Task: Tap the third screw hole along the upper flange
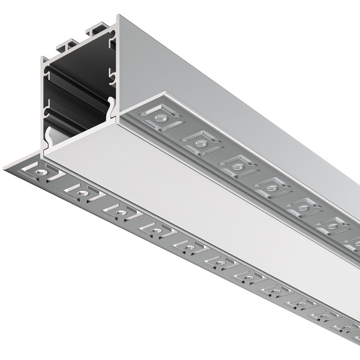pyautogui.click(x=238, y=164)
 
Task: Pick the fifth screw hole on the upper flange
pyautogui.click(x=302, y=208)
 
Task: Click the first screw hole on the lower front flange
pyautogui.click(x=41, y=172)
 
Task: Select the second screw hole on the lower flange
pyautogui.click(x=82, y=193)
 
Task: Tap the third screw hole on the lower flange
pyautogui.click(x=121, y=212)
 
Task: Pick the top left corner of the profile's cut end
pyautogui.click(x=43, y=59)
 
